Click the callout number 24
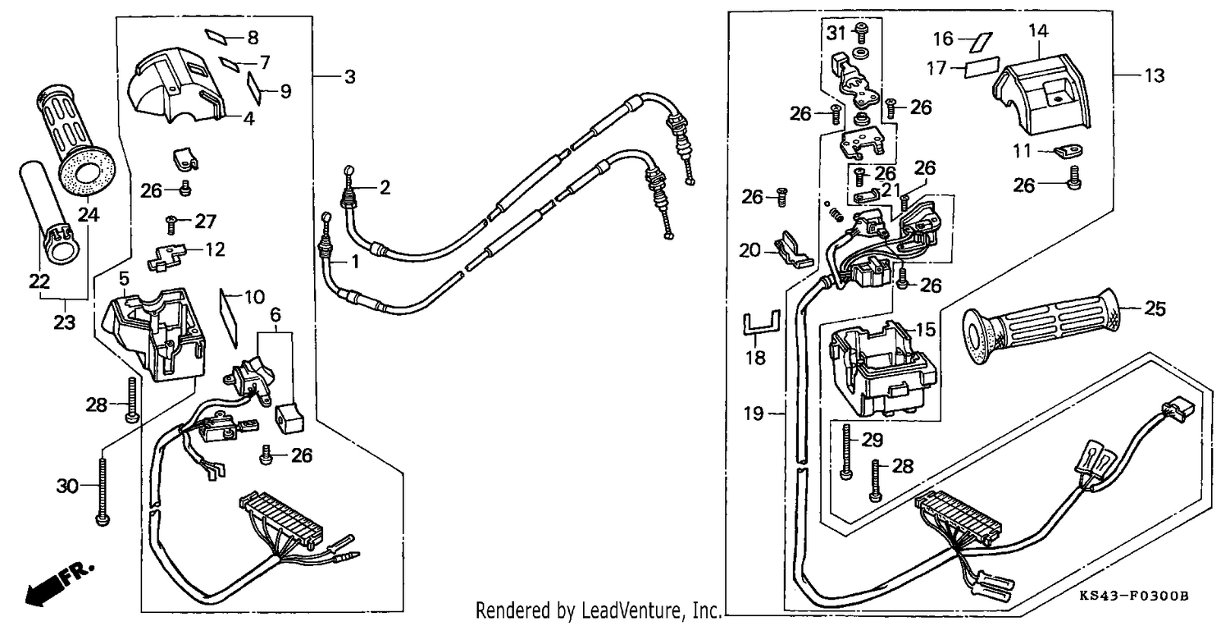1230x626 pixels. point(89,214)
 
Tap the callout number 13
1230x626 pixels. point(1155,75)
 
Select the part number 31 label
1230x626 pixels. point(836,34)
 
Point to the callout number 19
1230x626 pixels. point(754,414)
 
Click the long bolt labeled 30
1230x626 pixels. point(102,491)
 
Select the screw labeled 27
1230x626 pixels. point(171,223)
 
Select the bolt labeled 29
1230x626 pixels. point(845,452)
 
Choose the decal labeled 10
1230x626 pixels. point(230,318)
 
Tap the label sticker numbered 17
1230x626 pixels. point(982,67)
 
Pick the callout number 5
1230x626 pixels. point(125,279)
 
